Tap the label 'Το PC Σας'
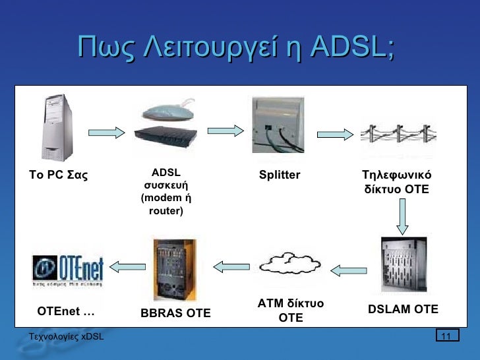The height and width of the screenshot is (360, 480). click(x=59, y=175)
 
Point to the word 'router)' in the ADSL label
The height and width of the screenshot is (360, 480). click(x=166, y=212)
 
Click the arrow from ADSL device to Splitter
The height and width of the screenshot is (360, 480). click(x=221, y=133)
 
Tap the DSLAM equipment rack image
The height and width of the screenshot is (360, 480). click(x=404, y=264)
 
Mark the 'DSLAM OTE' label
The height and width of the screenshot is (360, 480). click(x=403, y=309)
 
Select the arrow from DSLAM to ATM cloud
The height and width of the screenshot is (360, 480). click(x=348, y=269)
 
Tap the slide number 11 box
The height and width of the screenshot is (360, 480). click(x=446, y=337)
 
